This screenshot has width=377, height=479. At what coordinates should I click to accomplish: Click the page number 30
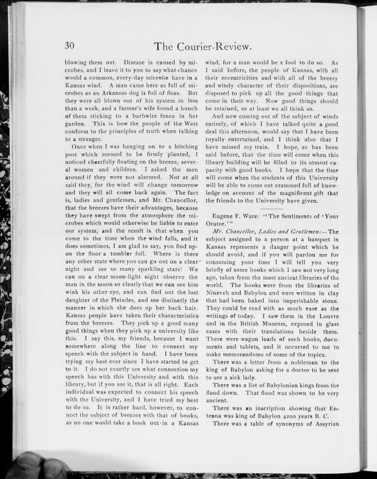[x=69, y=45]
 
